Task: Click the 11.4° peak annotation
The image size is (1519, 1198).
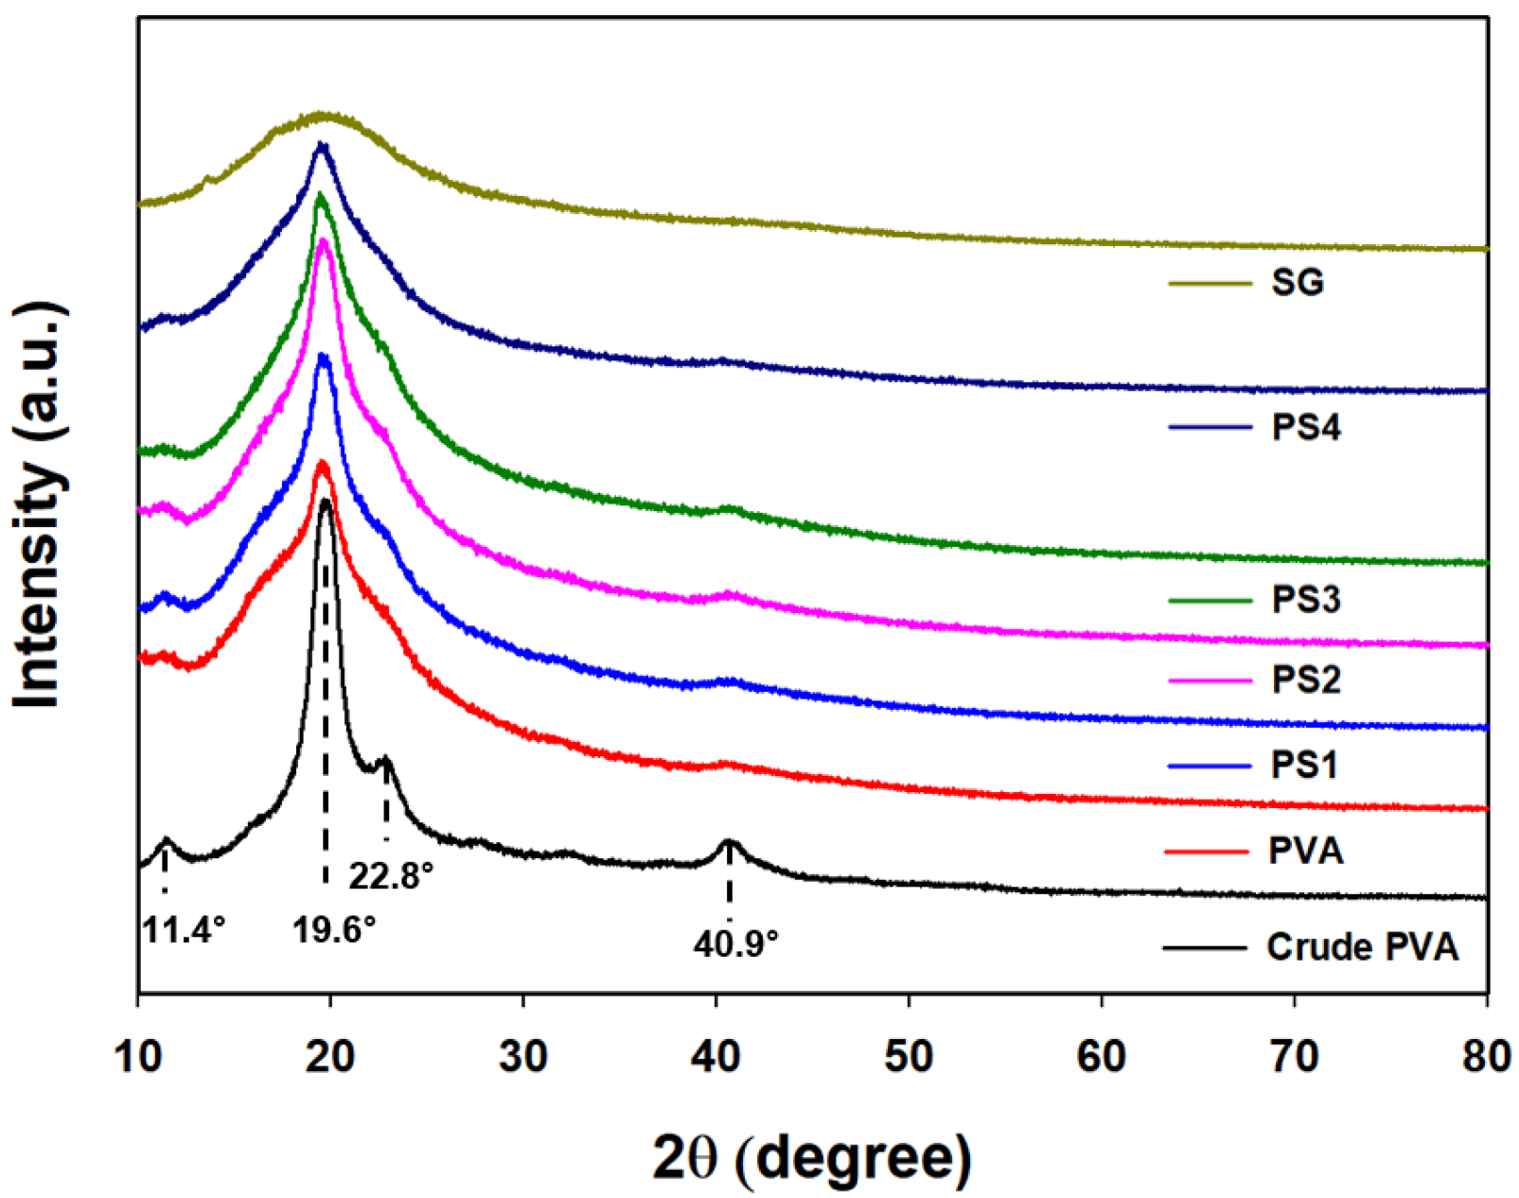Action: (x=184, y=930)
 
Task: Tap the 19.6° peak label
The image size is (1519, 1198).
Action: (x=333, y=930)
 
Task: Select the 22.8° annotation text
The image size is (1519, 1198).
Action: (x=390, y=876)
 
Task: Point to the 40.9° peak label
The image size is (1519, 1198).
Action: (x=735, y=943)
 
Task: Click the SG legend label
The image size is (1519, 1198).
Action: (x=1297, y=282)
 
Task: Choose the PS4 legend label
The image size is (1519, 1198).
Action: (x=1305, y=427)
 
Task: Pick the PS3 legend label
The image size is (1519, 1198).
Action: (x=1305, y=599)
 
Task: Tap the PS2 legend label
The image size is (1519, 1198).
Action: (x=1305, y=679)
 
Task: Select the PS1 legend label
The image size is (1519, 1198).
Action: (x=1303, y=765)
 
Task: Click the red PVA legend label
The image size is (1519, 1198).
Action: (x=1305, y=851)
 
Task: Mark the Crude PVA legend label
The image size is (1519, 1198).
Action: (x=1362, y=946)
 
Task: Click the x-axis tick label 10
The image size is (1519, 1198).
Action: (x=138, y=1057)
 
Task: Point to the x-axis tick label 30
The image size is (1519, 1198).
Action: (x=523, y=1057)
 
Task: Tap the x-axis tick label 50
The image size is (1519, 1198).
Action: (x=909, y=1057)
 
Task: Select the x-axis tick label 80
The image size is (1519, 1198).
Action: (x=1486, y=1057)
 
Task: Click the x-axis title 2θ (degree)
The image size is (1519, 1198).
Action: (x=811, y=1157)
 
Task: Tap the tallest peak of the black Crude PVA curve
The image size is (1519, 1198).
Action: (x=326, y=502)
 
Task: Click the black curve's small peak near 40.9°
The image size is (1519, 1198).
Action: (x=728, y=841)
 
